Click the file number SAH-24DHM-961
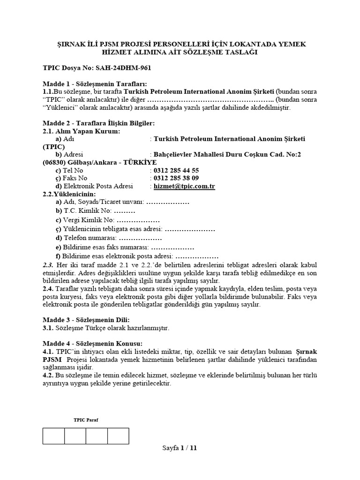[x=125, y=68]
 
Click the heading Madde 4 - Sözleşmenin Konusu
[x=92, y=343]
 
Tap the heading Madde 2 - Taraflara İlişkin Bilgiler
[x=98, y=123]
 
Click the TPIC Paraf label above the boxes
[x=86, y=420]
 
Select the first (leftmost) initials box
[x=53, y=435]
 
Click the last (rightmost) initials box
[x=118, y=435]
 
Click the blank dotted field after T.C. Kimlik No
[x=124, y=210]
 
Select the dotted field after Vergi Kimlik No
[x=138, y=220]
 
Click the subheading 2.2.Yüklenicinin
[x=69, y=194]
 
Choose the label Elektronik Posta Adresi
[x=96, y=186]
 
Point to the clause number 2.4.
[x=48, y=288]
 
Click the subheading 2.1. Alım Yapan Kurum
[x=81, y=131]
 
